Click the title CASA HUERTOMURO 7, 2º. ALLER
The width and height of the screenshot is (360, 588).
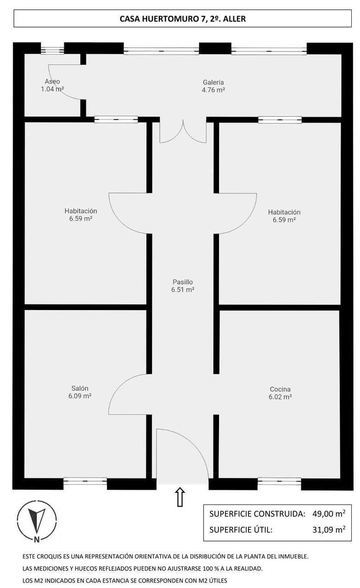click(183, 19)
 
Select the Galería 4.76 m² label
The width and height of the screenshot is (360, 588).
click(213, 86)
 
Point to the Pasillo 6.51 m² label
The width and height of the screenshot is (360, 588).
click(182, 286)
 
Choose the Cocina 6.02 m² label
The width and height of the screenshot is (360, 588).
click(280, 393)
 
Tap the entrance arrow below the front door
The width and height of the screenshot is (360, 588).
click(180, 497)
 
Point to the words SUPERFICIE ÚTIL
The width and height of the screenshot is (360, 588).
click(241, 530)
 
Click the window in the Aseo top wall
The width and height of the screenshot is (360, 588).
click(52, 49)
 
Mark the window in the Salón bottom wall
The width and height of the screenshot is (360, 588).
click(85, 481)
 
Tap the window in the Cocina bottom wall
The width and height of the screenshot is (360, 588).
click(279, 481)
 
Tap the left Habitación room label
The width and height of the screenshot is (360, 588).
click(81, 215)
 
